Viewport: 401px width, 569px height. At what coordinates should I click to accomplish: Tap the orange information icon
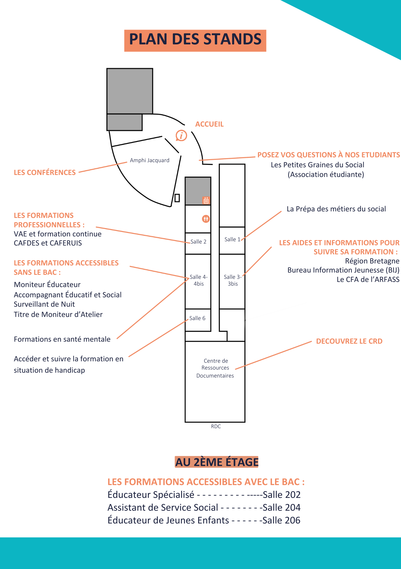point(181,135)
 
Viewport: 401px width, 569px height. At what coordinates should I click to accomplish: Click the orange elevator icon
point(206,200)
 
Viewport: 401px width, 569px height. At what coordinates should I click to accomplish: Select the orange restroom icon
point(206,219)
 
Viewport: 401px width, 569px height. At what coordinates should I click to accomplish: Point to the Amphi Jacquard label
point(150,160)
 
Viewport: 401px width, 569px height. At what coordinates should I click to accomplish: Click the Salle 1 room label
point(232,240)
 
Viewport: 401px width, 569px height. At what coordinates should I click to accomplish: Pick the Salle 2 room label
point(198,242)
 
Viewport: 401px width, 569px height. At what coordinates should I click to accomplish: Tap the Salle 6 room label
point(197,318)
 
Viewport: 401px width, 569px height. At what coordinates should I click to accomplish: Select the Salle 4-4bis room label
point(199,280)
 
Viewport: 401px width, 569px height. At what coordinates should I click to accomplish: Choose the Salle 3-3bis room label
point(233,280)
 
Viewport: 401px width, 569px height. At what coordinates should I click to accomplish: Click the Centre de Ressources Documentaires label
point(215,368)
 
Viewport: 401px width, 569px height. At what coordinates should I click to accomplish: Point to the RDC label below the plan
point(216,426)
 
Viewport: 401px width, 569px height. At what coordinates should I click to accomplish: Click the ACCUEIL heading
point(209,124)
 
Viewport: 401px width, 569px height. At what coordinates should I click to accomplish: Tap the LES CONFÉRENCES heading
point(45,173)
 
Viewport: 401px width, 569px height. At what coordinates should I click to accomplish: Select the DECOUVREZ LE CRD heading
point(349,341)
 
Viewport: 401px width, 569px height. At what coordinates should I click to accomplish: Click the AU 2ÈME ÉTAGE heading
point(217,462)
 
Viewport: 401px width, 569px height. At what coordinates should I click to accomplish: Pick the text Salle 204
point(281,508)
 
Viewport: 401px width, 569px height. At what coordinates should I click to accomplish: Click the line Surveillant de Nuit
point(44,304)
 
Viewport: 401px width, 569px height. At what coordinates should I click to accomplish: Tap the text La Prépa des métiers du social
point(336,209)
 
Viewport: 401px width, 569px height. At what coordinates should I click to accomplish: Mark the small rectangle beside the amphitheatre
point(177,198)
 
